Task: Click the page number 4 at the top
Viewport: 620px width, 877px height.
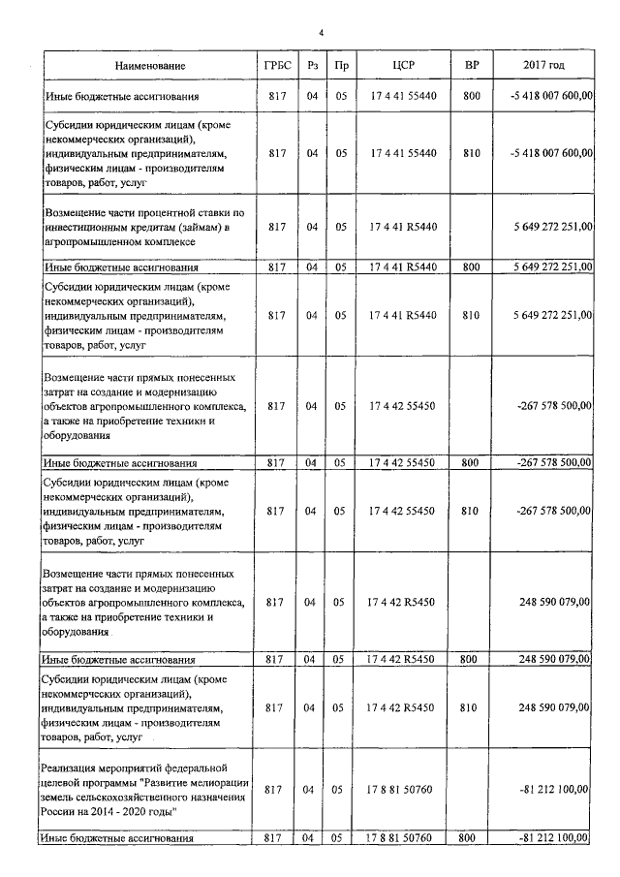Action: [321, 32]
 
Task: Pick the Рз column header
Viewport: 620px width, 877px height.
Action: [312, 66]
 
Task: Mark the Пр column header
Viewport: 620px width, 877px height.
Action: [340, 66]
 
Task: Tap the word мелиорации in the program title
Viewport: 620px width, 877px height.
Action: [218, 782]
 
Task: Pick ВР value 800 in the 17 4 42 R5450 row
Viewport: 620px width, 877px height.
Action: [471, 659]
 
